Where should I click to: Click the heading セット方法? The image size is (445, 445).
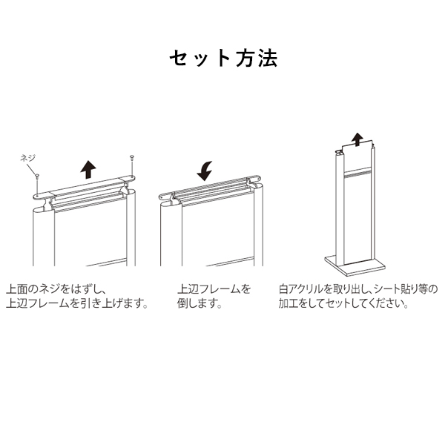(223, 59)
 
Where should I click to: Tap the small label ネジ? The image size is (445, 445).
(28, 158)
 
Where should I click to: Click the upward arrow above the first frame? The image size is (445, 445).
(88, 169)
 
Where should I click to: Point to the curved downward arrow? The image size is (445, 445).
(205, 171)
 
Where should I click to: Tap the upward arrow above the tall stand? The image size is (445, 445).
(357, 139)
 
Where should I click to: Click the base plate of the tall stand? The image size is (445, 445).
(355, 265)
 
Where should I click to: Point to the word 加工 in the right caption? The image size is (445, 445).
(289, 303)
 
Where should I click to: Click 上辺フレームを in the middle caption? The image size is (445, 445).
(214, 289)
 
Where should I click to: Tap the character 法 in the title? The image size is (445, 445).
(268, 59)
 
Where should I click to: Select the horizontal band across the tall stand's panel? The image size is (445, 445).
(357, 174)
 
